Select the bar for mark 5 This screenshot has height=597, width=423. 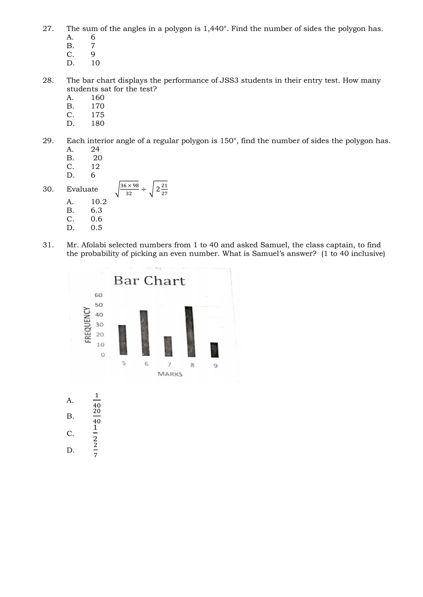[x=123, y=340]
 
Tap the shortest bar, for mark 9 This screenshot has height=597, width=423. [x=215, y=350]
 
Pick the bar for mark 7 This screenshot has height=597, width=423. [x=168, y=346]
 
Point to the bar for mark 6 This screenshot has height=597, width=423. [x=145, y=333]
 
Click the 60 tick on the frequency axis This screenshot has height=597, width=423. [x=99, y=295]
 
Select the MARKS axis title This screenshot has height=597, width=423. [x=170, y=374]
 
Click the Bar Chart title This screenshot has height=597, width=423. [x=149, y=281]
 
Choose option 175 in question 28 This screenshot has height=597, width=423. [x=98, y=115]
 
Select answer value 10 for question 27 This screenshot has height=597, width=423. [x=95, y=63]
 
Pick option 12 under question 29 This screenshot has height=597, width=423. [x=95, y=166]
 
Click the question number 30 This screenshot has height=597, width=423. [x=48, y=189]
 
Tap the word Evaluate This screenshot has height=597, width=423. [x=82, y=189]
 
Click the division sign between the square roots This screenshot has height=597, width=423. [x=144, y=189]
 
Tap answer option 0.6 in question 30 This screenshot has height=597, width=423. [x=96, y=219]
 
